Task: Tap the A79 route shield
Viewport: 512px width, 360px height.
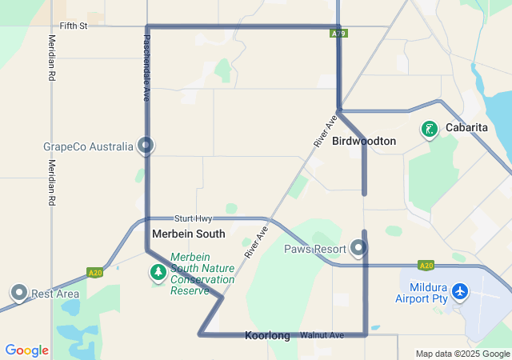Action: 338,34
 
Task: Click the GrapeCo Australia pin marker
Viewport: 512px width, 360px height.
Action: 146,146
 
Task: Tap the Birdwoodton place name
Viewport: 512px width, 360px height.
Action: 364,141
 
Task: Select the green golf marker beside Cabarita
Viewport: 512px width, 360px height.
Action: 430,129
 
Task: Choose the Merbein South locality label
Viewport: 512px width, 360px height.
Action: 189,234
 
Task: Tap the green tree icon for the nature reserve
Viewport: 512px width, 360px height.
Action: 158,273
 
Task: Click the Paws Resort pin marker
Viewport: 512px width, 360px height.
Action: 360,249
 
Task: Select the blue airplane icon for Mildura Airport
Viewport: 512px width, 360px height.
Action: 460,291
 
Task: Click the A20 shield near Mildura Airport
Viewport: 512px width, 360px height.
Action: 426,266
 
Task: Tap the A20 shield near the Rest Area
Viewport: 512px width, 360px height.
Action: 95,272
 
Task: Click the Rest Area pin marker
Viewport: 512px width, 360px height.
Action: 18,293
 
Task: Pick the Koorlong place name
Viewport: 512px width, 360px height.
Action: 267,336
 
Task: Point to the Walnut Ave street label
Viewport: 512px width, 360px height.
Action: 322,334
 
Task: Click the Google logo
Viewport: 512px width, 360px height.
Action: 26,350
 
